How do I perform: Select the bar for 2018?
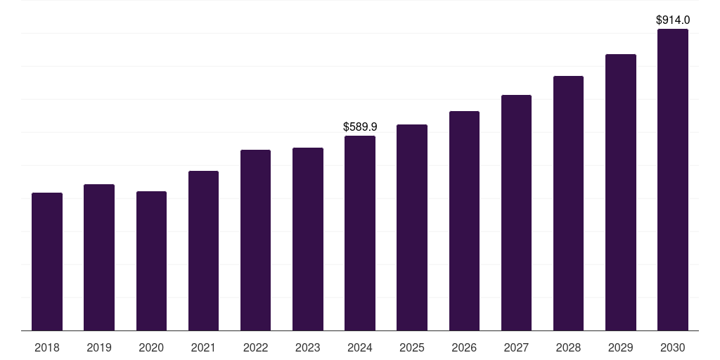(x=47, y=262)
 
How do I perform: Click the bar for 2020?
(x=152, y=261)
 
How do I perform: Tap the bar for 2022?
(x=255, y=240)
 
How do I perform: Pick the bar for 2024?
(x=360, y=233)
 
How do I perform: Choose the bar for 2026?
(x=464, y=221)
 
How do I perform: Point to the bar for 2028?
(x=568, y=203)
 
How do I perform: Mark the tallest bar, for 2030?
(x=673, y=179)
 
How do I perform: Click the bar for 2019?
(x=99, y=257)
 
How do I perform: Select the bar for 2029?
(x=621, y=193)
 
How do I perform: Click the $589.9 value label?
(x=360, y=127)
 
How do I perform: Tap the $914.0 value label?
(x=673, y=20)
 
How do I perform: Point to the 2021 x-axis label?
(x=203, y=347)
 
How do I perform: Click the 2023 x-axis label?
(x=308, y=347)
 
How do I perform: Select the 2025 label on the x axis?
(x=412, y=347)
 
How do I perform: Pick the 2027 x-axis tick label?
(x=516, y=347)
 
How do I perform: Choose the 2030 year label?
(x=673, y=347)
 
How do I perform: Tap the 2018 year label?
(x=47, y=347)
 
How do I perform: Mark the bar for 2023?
(x=308, y=239)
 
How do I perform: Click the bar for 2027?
(x=516, y=213)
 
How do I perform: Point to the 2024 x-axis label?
(x=360, y=347)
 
